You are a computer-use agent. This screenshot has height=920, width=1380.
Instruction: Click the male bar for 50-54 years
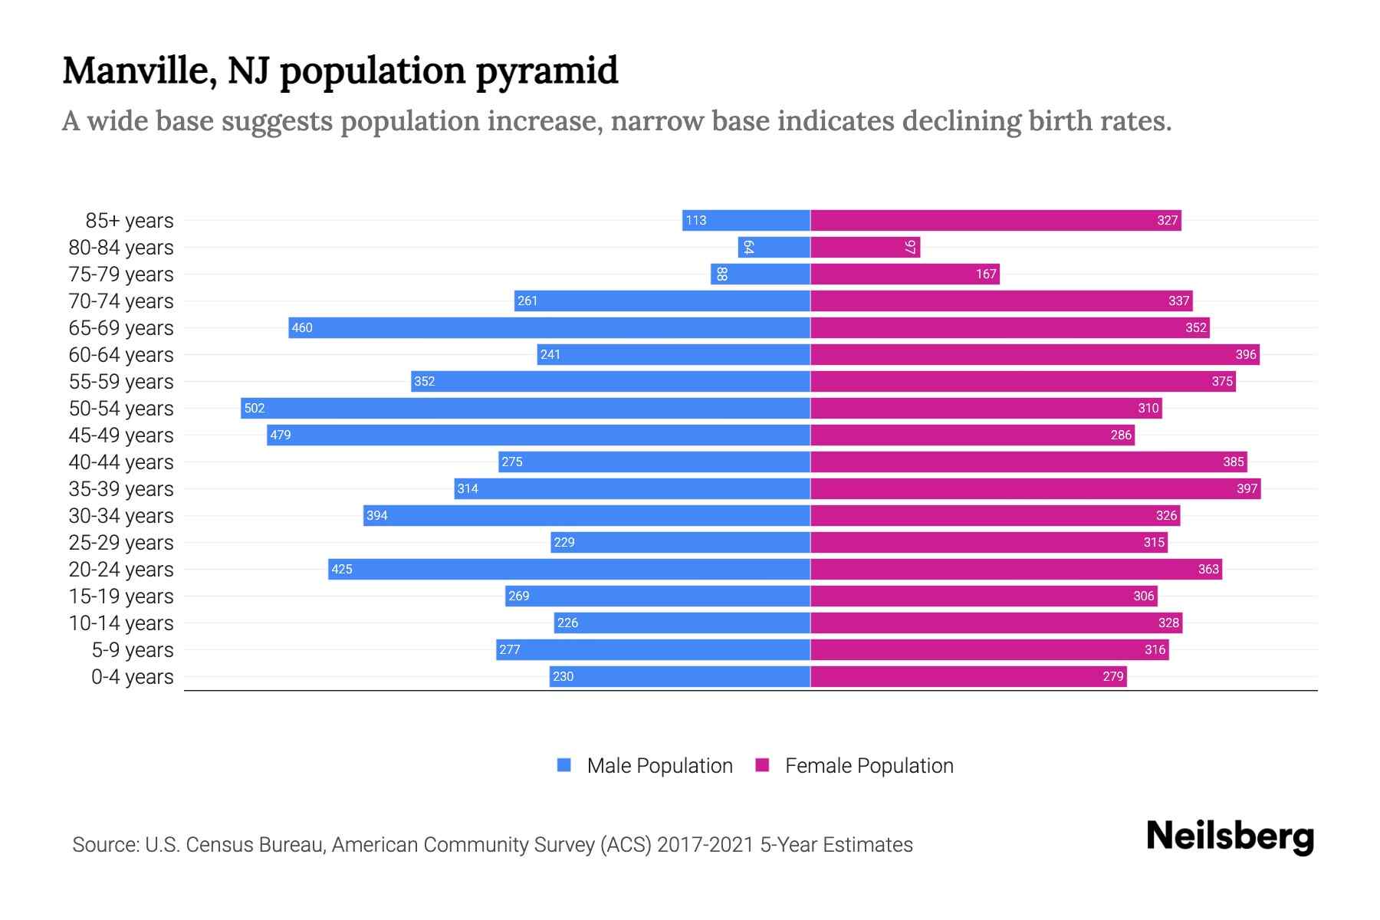(x=525, y=408)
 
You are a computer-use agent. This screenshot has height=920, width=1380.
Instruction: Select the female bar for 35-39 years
(x=1035, y=488)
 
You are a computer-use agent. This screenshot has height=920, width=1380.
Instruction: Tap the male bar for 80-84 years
(x=774, y=247)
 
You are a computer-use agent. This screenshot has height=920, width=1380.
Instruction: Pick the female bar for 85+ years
(x=995, y=220)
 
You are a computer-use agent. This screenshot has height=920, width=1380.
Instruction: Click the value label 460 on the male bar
(x=302, y=327)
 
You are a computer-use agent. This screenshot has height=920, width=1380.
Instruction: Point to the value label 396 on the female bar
(x=1246, y=354)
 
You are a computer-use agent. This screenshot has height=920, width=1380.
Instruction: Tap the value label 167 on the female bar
(x=986, y=274)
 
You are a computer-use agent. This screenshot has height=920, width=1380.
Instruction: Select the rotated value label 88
(x=721, y=274)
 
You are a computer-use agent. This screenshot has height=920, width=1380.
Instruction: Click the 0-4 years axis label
(x=132, y=677)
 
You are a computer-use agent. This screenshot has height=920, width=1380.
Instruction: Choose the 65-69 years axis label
(x=121, y=328)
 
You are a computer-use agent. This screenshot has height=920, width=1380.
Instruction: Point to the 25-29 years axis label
(x=121, y=543)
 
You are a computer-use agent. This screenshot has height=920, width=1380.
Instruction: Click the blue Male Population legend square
(x=564, y=765)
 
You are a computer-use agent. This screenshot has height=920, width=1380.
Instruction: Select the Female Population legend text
(x=869, y=766)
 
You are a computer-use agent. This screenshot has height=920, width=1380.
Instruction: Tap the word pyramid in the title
(x=547, y=71)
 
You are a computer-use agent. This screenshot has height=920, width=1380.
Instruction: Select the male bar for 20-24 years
(x=569, y=569)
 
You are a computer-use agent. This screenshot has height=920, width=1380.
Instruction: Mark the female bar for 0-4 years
(x=968, y=676)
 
